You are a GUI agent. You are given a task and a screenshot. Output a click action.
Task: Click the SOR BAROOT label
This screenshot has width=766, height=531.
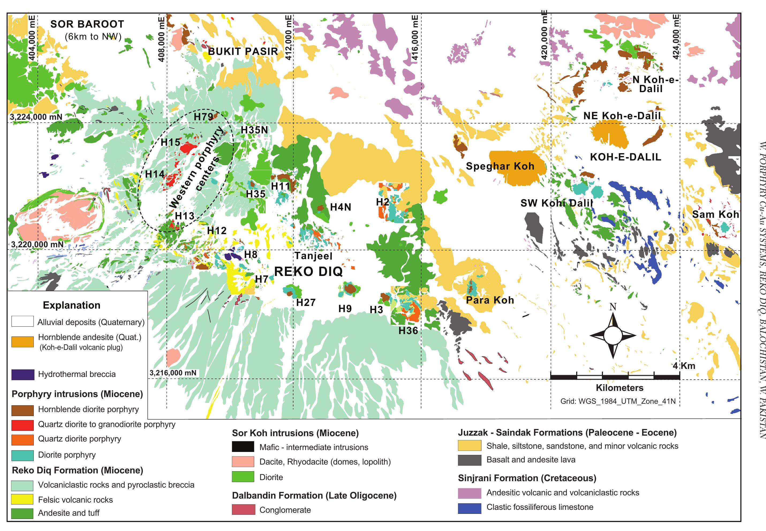(x=87, y=24)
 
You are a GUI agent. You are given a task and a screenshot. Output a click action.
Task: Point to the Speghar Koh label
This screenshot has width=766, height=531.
(x=500, y=166)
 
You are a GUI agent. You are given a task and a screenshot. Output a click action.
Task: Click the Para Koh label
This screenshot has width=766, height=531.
(x=490, y=300)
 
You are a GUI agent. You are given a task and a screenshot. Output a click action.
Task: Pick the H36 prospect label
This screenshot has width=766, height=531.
(x=408, y=331)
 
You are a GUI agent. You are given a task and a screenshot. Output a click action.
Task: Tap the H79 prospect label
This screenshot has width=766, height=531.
(x=203, y=117)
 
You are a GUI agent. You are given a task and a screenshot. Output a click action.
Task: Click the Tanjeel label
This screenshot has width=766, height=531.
(x=313, y=256)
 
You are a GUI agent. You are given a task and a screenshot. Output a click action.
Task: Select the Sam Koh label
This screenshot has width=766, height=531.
(x=715, y=214)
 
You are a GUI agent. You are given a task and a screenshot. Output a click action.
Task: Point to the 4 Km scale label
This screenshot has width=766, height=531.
(x=684, y=366)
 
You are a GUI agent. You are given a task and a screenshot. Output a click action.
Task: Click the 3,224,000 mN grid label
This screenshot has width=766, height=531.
(x=36, y=117)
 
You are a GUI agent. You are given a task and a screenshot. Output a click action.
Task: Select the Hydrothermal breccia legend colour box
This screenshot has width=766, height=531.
(x=22, y=375)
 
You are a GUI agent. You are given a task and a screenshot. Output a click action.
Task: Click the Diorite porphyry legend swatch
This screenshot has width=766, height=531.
(x=22, y=455)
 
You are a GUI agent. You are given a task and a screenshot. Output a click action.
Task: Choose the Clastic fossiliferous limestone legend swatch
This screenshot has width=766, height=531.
(x=469, y=507)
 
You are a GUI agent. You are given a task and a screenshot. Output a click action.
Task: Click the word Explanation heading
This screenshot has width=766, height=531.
(x=71, y=305)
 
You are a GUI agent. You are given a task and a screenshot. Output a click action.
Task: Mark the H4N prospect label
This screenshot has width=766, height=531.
(x=341, y=207)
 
